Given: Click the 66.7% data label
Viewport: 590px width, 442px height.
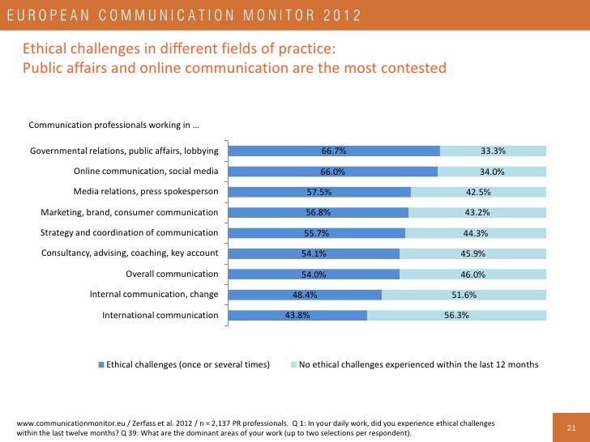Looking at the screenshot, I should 334,151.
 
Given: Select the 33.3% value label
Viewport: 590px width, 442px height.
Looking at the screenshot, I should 493,151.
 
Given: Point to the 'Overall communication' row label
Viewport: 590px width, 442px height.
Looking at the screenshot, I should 172,274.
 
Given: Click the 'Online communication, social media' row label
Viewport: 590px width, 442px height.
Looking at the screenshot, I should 146,172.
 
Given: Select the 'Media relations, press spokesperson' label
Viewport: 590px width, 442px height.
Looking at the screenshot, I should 146,192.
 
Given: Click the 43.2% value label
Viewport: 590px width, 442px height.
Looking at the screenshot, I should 477,212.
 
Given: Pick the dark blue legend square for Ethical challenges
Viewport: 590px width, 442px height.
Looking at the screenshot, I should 101,365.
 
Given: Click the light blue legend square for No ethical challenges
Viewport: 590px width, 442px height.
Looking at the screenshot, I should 293,365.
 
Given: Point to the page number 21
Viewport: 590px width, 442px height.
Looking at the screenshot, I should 570,428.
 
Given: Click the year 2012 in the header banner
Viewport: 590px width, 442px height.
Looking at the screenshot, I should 333,15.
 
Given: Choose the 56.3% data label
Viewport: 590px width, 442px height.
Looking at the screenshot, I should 457,315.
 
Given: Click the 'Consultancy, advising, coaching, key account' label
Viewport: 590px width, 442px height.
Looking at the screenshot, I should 130,253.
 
